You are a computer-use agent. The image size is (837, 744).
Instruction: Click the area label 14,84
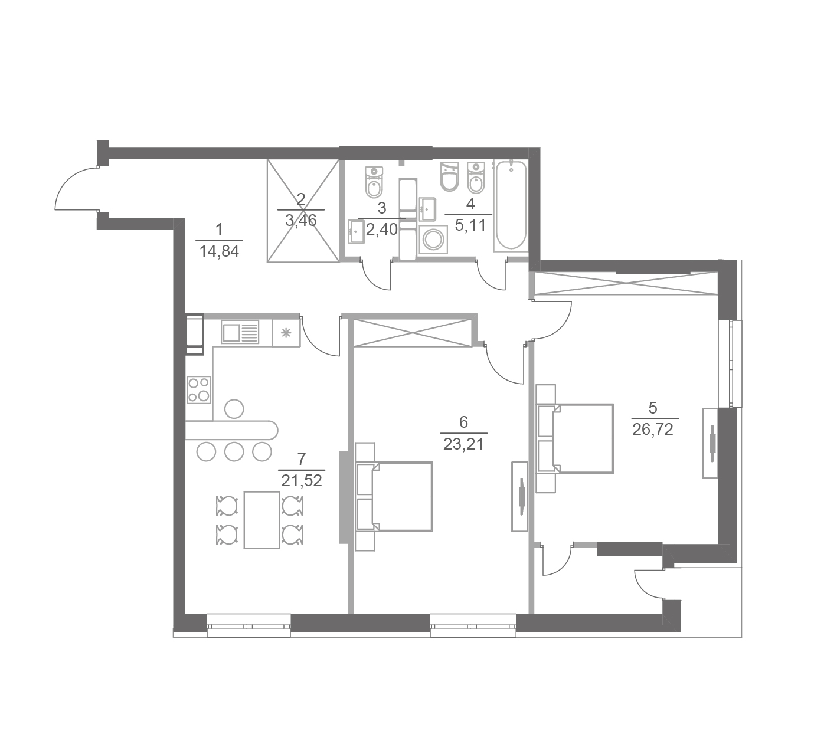219,251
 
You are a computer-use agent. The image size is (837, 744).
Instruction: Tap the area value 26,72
653,430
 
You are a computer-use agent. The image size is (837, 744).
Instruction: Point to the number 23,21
463,444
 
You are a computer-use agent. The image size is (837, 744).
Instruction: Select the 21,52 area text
302,481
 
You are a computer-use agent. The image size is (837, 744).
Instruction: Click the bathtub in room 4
511,205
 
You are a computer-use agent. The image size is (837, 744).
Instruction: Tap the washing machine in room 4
433,239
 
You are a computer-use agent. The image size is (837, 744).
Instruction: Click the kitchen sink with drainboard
240,332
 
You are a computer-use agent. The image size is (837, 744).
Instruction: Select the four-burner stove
199,389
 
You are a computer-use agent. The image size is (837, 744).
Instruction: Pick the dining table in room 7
261,520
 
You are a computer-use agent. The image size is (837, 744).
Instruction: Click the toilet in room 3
374,182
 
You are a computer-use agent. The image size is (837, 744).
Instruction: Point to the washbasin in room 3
357,232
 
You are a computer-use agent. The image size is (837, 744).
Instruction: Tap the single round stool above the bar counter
234,409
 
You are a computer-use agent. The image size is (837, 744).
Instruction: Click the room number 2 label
301,199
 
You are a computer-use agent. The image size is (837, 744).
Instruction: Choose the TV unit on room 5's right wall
711,443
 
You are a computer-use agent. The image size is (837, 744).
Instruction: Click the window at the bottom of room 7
249,625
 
